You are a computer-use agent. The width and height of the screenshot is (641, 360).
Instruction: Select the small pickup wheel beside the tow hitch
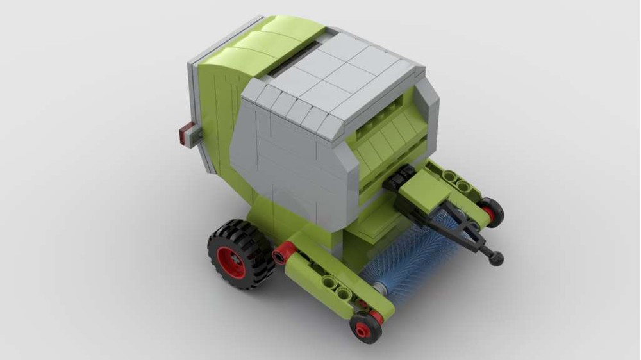point(491,211)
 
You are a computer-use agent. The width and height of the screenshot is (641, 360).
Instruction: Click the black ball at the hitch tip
point(496,258)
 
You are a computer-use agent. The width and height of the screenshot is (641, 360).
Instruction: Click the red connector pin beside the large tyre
point(283,254)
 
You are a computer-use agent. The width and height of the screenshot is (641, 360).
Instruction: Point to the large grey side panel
point(288,160)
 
